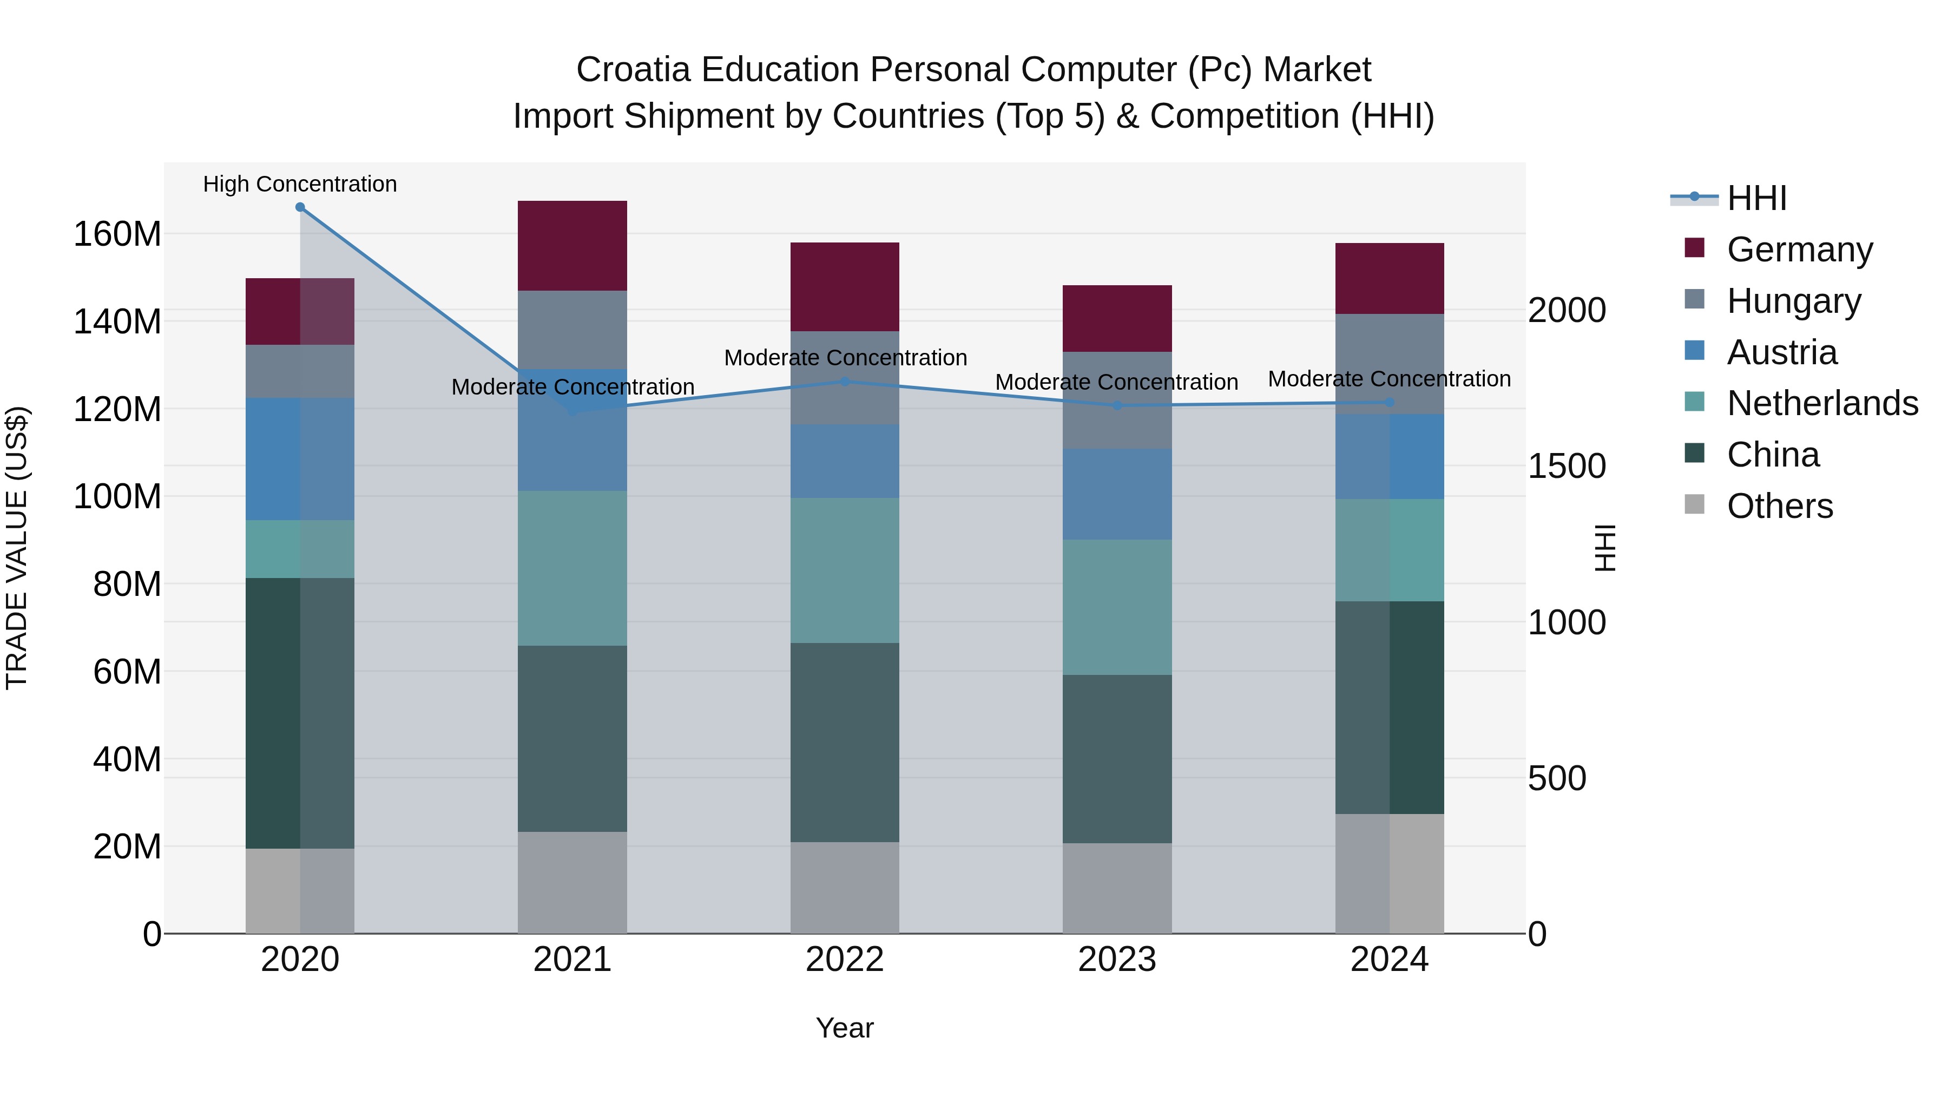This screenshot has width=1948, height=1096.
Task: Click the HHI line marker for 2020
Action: [x=300, y=207]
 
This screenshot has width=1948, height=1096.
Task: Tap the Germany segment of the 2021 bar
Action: [x=572, y=245]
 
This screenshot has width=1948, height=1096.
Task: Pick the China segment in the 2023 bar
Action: [x=1117, y=759]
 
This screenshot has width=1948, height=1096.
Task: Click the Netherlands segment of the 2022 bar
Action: [x=845, y=570]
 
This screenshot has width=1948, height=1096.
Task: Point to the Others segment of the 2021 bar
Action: [x=572, y=882]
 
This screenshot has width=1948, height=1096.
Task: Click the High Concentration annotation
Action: [x=300, y=184]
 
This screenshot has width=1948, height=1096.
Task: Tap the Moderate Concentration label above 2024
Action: [x=1389, y=378]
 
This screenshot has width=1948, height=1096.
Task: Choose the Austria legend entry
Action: [x=1782, y=352]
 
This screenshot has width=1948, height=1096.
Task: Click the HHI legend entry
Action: [x=1756, y=198]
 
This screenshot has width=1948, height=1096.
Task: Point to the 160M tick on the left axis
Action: [x=117, y=234]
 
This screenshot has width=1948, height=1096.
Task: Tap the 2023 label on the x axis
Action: [x=1117, y=960]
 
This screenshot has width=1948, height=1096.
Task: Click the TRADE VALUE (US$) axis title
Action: [x=17, y=548]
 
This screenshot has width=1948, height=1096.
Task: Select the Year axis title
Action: [x=845, y=1028]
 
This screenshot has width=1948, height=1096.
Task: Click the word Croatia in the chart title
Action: [x=633, y=70]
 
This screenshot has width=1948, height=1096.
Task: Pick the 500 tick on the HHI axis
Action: [x=1556, y=778]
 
